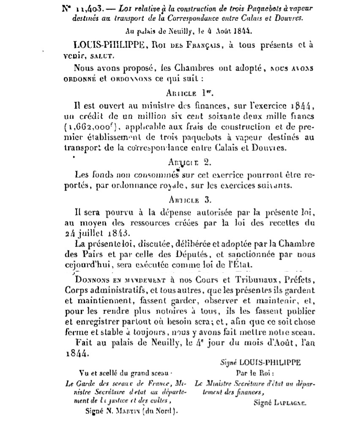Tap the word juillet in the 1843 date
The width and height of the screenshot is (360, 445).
point(94,232)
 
